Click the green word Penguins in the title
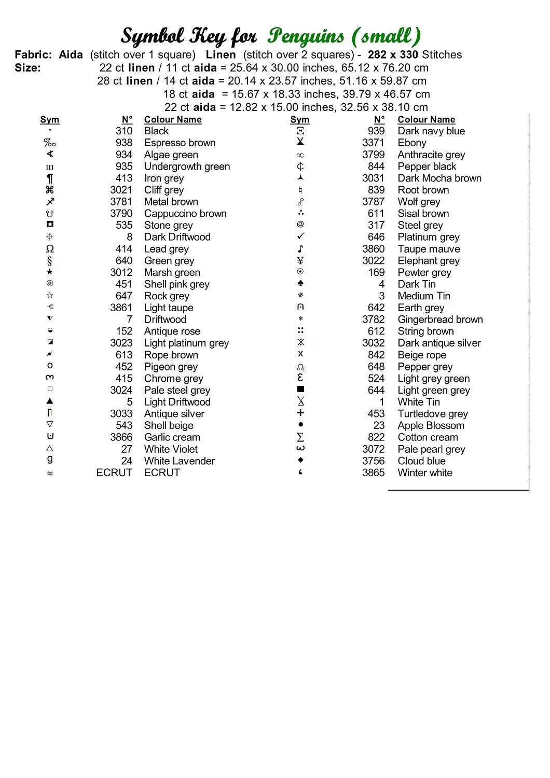306,36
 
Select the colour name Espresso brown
180,143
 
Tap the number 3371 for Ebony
373,143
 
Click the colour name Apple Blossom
431,425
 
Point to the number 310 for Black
124,131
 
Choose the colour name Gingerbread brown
440,319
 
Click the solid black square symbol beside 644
300,389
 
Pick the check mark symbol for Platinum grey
300,237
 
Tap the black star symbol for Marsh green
50,272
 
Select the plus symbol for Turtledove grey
300,413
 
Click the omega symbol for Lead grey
50,249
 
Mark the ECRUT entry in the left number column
114,473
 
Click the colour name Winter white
425,473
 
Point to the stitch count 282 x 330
393,54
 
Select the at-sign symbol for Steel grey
300,224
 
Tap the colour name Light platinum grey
186,343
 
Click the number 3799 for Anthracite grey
373,155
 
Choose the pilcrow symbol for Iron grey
50,178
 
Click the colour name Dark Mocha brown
439,178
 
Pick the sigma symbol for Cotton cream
300,437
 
